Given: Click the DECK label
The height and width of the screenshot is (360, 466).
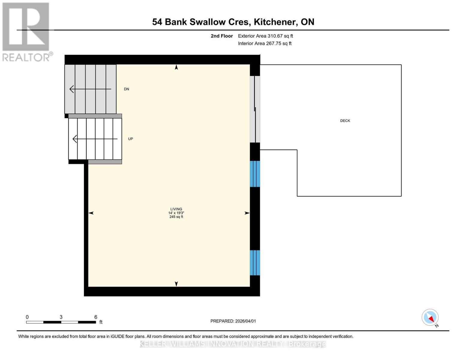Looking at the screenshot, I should [x=345, y=121].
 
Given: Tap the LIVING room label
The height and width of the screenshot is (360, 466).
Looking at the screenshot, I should [x=176, y=209].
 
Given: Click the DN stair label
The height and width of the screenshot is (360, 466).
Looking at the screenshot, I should [x=126, y=89].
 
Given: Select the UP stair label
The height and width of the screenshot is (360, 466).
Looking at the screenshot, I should [x=130, y=139].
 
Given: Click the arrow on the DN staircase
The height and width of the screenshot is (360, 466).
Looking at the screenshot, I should [x=90, y=89].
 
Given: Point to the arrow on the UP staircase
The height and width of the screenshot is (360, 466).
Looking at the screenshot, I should [x=95, y=139].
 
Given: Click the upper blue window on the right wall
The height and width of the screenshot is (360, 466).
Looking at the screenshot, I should [x=255, y=174].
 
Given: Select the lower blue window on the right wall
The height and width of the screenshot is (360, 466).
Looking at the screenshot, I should [x=255, y=263].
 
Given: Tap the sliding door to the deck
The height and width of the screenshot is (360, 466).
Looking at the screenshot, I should [x=255, y=109].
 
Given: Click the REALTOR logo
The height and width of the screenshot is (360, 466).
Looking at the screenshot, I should [x=26, y=32].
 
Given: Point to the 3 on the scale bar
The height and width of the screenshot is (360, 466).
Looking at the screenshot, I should [x=61, y=317].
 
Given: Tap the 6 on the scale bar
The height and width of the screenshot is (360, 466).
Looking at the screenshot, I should [x=96, y=317].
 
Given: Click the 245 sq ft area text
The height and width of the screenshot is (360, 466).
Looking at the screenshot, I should [x=176, y=217].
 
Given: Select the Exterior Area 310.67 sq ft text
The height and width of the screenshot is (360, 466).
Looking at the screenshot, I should [x=265, y=36].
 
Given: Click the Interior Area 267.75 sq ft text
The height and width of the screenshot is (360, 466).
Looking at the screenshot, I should [x=265, y=43].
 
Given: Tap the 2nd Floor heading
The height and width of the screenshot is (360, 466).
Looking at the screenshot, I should [x=222, y=36].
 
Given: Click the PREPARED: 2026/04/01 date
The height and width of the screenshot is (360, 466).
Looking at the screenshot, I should [x=233, y=321].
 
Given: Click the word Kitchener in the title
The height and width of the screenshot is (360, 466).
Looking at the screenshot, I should [x=275, y=22].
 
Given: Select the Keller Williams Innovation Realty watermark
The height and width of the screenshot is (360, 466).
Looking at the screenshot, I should [x=233, y=344].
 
